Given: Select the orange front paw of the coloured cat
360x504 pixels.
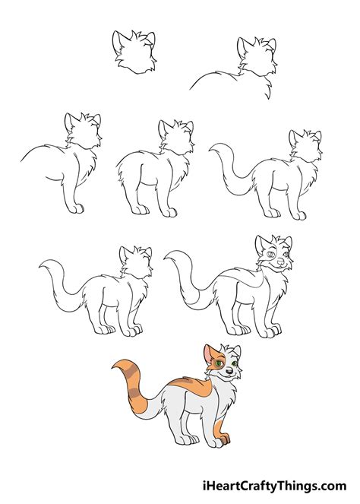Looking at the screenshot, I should (x=223, y=440).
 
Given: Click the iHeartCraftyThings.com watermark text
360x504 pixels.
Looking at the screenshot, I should (x=280, y=484).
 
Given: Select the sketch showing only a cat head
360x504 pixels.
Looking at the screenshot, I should (x=133, y=52).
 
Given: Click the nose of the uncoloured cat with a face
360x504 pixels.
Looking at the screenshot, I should (x=280, y=263).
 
